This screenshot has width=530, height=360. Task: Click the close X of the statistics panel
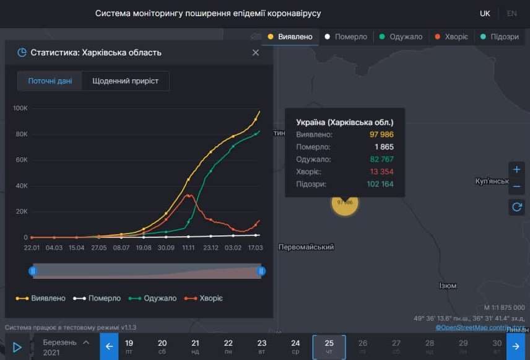(256, 53)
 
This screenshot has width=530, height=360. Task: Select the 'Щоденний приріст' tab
(125, 81)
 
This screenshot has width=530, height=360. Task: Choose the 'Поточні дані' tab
(50, 81)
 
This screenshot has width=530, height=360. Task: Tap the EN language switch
(511, 14)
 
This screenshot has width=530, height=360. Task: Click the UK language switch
(485, 14)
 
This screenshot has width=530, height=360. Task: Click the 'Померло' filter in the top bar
(347, 37)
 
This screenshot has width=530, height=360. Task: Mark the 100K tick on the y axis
(20, 108)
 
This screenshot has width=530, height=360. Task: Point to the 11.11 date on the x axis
(188, 248)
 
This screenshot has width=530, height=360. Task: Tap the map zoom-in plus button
(517, 170)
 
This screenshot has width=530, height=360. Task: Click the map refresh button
(517, 207)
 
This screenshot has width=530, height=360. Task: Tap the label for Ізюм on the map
(447, 286)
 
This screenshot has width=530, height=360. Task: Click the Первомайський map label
(306, 247)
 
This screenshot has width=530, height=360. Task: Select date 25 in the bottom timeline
(329, 346)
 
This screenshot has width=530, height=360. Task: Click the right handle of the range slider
(261, 271)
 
